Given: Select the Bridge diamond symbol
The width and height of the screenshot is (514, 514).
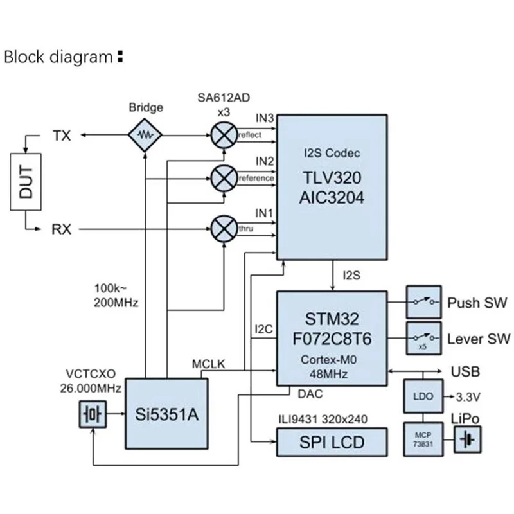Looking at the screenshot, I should pyautogui.click(x=146, y=136).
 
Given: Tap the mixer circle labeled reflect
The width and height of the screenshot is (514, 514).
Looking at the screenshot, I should pyautogui.click(x=224, y=136).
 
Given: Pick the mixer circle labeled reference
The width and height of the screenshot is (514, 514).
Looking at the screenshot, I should pyautogui.click(x=224, y=176).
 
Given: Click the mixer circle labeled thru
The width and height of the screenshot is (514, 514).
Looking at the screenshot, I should pyautogui.click(x=224, y=228).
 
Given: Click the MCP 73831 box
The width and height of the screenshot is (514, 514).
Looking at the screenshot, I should pyautogui.click(x=422, y=439).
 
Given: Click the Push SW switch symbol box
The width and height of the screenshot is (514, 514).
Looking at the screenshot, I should pyautogui.click(x=423, y=302).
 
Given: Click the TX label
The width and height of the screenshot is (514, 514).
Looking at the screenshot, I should pyautogui.click(x=62, y=136).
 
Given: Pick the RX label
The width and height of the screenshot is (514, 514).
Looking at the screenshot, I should pyautogui.click(x=62, y=228).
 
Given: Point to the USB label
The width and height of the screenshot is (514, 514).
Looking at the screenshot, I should pyautogui.click(x=466, y=372).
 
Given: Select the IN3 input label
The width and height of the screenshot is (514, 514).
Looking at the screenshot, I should pyautogui.click(x=265, y=119).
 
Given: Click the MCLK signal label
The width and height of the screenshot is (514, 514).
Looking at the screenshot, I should pyautogui.click(x=208, y=364).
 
